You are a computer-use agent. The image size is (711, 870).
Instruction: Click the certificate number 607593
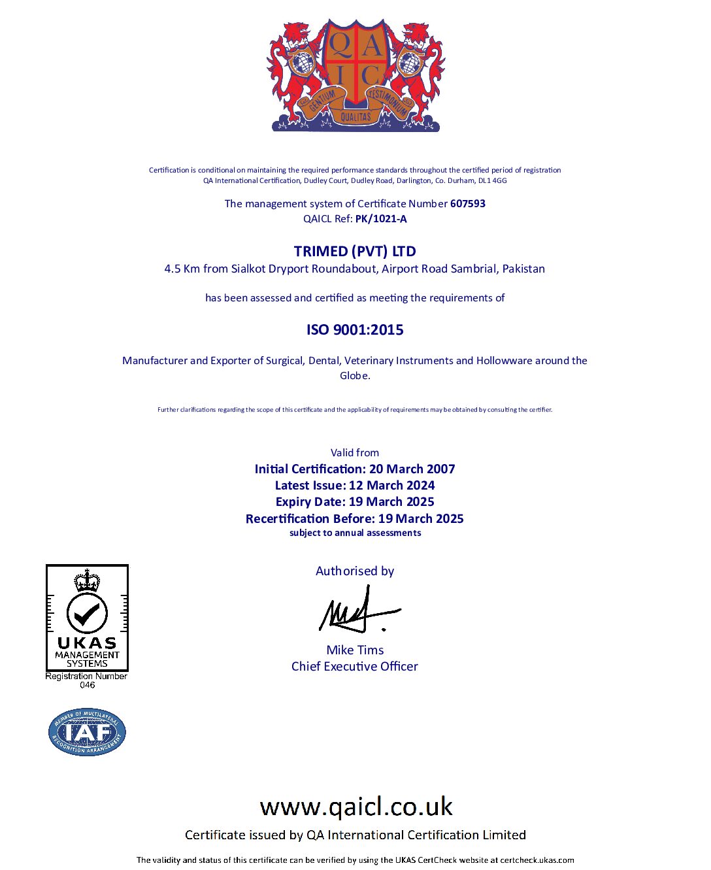[x=467, y=203]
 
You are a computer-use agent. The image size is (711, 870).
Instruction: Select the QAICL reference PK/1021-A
[x=381, y=218]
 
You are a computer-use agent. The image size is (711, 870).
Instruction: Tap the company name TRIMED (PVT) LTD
[x=355, y=251]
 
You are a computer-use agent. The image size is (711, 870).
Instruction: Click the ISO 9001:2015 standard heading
[x=355, y=329]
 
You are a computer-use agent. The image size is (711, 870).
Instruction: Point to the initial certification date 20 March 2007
[x=412, y=469]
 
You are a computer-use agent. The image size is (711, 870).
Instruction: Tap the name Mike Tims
[x=355, y=650]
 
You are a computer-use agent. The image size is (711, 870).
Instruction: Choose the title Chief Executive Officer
[x=355, y=666]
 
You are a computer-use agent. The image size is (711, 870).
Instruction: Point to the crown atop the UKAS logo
[x=87, y=580]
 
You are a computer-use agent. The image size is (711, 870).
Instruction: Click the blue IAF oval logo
[x=87, y=732]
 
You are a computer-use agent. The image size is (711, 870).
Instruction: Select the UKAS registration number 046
[x=87, y=685]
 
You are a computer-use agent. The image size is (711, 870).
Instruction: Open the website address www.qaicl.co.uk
[x=356, y=807]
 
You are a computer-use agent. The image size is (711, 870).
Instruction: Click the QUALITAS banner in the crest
[x=355, y=116]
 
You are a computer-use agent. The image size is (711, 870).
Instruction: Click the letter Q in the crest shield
[x=340, y=46]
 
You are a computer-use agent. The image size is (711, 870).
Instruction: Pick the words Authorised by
[x=355, y=571]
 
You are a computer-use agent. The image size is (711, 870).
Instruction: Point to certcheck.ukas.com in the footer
[x=537, y=860]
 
